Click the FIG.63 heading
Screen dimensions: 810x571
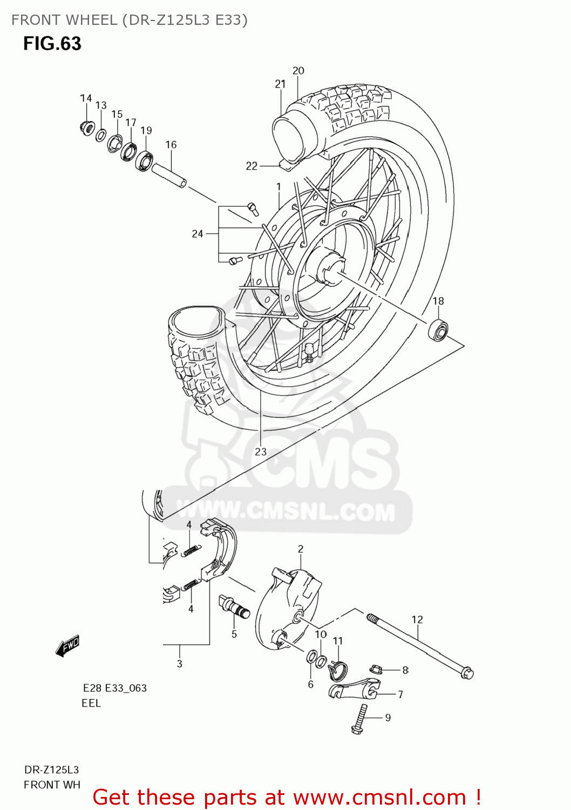click(x=52, y=43)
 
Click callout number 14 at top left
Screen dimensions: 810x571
click(x=86, y=98)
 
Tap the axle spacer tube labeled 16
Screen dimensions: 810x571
click(x=169, y=175)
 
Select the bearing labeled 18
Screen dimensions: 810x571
click(x=438, y=330)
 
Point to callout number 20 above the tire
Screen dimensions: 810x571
click(x=298, y=70)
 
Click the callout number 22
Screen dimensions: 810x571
click(x=251, y=166)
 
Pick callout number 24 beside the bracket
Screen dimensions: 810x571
click(x=198, y=234)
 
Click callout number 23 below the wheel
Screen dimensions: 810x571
click(x=261, y=451)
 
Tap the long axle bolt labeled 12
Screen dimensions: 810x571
click(x=418, y=645)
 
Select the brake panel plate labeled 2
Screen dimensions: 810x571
click(x=289, y=610)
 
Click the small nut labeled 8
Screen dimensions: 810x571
click(x=377, y=670)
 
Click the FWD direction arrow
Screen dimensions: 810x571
click(x=67, y=645)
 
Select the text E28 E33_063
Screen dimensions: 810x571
click(x=114, y=688)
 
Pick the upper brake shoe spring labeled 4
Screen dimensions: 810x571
click(x=191, y=550)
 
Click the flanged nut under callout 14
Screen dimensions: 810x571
click(x=86, y=129)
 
